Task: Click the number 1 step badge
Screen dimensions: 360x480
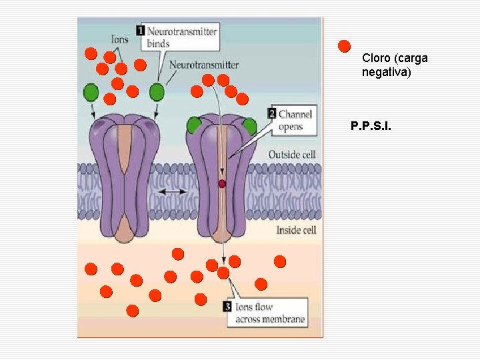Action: click(x=141, y=30)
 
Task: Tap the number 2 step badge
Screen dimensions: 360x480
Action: click(x=272, y=113)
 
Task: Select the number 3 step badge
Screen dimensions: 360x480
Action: click(x=228, y=307)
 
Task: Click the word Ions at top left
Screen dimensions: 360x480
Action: click(x=120, y=39)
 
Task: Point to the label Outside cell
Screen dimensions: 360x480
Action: click(x=291, y=155)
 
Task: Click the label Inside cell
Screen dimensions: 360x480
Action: click(x=296, y=230)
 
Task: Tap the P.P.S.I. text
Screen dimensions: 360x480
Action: click(x=371, y=125)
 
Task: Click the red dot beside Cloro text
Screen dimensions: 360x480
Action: click(x=344, y=47)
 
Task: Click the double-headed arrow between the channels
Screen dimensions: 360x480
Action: click(x=173, y=192)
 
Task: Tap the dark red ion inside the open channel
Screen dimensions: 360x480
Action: click(x=222, y=183)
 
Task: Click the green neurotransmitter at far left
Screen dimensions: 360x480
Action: click(x=91, y=91)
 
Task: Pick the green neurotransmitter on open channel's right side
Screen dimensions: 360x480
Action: click(x=249, y=127)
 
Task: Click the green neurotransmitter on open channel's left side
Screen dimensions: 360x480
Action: click(x=194, y=125)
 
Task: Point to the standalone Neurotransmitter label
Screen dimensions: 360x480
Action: click(x=204, y=65)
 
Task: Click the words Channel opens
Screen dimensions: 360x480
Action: click(x=295, y=120)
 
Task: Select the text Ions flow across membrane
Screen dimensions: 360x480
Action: click(x=270, y=313)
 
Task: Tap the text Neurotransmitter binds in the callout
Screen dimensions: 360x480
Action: click(x=181, y=37)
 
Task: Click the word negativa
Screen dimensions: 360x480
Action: click(x=387, y=71)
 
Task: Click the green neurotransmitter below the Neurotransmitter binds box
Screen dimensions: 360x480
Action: click(x=157, y=91)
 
